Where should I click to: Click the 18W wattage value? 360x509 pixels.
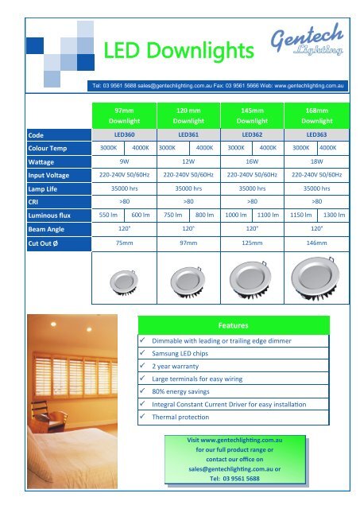[x=316, y=161]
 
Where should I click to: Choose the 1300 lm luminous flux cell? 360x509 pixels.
[x=334, y=215]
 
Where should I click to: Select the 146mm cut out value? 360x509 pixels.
[x=316, y=242]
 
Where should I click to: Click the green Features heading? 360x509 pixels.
[x=234, y=325]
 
